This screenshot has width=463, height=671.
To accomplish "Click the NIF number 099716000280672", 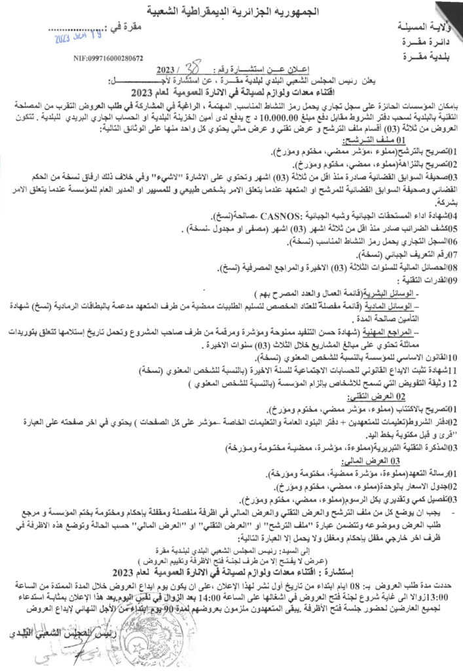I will click(109, 58).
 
